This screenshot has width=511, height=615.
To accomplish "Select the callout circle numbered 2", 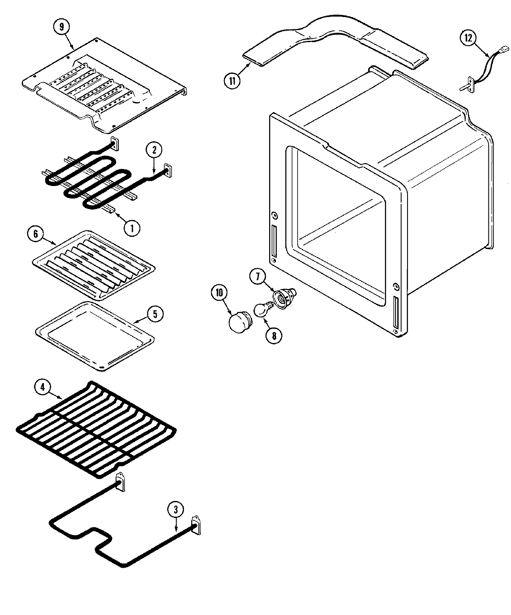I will [154, 150].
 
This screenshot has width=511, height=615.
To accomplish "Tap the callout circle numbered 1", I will [132, 228].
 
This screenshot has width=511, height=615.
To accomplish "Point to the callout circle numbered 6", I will [35, 234].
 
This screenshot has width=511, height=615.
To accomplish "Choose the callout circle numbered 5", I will [155, 314].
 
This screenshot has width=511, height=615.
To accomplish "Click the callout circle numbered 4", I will [42, 387].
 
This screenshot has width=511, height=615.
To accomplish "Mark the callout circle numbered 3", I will [176, 509].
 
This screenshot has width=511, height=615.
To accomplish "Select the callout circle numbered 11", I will [232, 80].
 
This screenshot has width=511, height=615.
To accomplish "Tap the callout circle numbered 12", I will [468, 38].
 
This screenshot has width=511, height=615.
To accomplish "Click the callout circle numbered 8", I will [274, 335].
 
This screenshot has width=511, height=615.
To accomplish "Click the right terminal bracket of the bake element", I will [195, 524].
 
